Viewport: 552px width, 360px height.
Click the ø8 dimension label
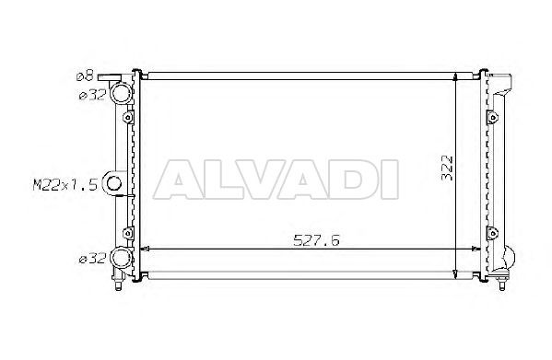pyautogui.click(x=85, y=75)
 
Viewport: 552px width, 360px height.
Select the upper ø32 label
pyautogui.click(x=92, y=95)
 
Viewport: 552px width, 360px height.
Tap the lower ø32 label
pyautogui.click(x=92, y=259)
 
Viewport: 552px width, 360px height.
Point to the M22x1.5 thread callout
pyautogui.click(x=65, y=184)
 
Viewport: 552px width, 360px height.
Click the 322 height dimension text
pyautogui.click(x=447, y=168)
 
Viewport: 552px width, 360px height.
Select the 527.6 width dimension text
pyautogui.click(x=316, y=240)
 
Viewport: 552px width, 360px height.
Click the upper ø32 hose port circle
pyautogui.click(x=122, y=92)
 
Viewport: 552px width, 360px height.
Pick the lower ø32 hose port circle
pyautogui.click(x=122, y=258)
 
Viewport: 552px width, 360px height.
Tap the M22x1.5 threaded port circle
pyautogui.click(x=113, y=183)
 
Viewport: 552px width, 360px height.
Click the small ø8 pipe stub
pyautogui.click(x=109, y=77)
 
